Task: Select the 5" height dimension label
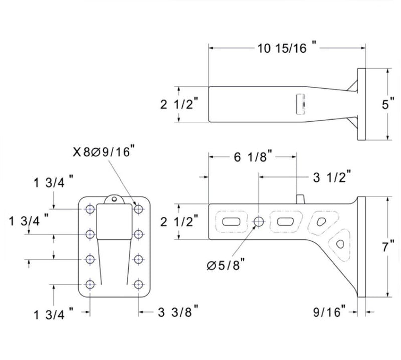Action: (384, 106)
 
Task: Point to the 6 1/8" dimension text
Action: (253, 157)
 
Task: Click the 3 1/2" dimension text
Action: (331, 176)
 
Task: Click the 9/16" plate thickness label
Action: (330, 312)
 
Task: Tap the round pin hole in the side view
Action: (259, 221)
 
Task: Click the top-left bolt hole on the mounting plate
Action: (90, 209)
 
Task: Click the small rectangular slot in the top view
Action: (301, 104)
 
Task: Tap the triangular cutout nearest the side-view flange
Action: (340, 244)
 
